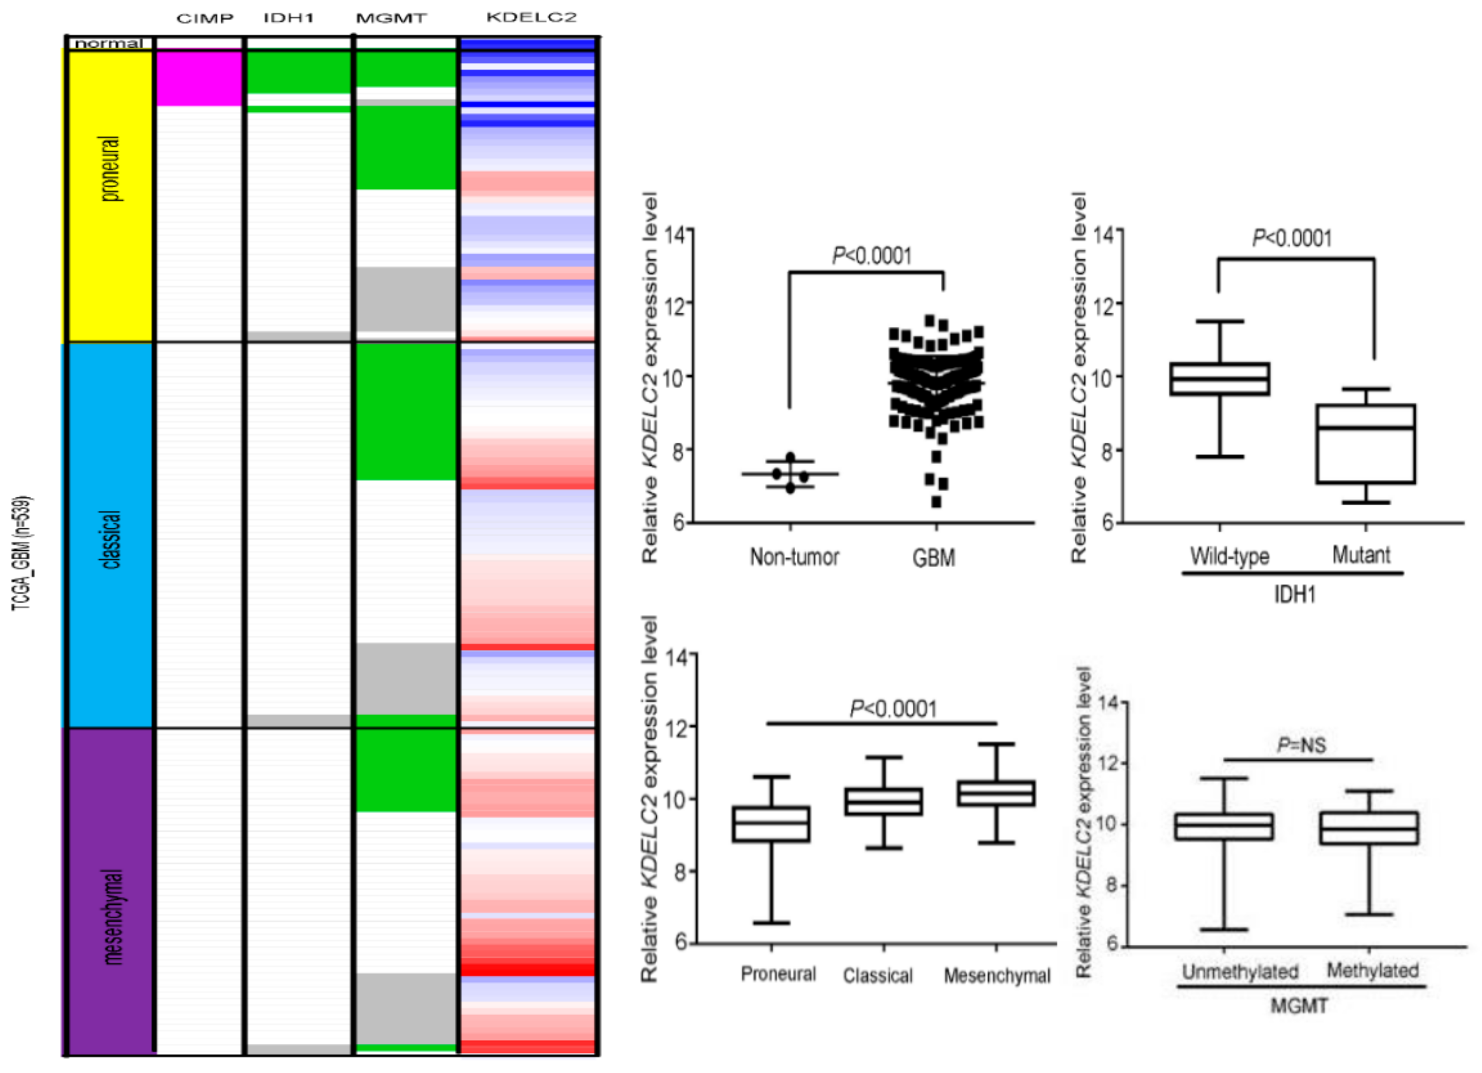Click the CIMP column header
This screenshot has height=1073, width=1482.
(x=204, y=18)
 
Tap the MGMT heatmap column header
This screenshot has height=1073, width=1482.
(x=391, y=18)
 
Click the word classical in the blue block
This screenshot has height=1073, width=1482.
(x=111, y=540)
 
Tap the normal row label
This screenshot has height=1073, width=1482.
(x=108, y=43)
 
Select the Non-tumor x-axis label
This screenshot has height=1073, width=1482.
(x=794, y=557)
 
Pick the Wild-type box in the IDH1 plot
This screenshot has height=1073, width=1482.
(x=1219, y=379)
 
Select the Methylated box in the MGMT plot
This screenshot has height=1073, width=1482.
(x=1368, y=828)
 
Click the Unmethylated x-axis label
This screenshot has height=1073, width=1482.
(x=1240, y=972)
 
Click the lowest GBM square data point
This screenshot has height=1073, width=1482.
(x=936, y=502)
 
